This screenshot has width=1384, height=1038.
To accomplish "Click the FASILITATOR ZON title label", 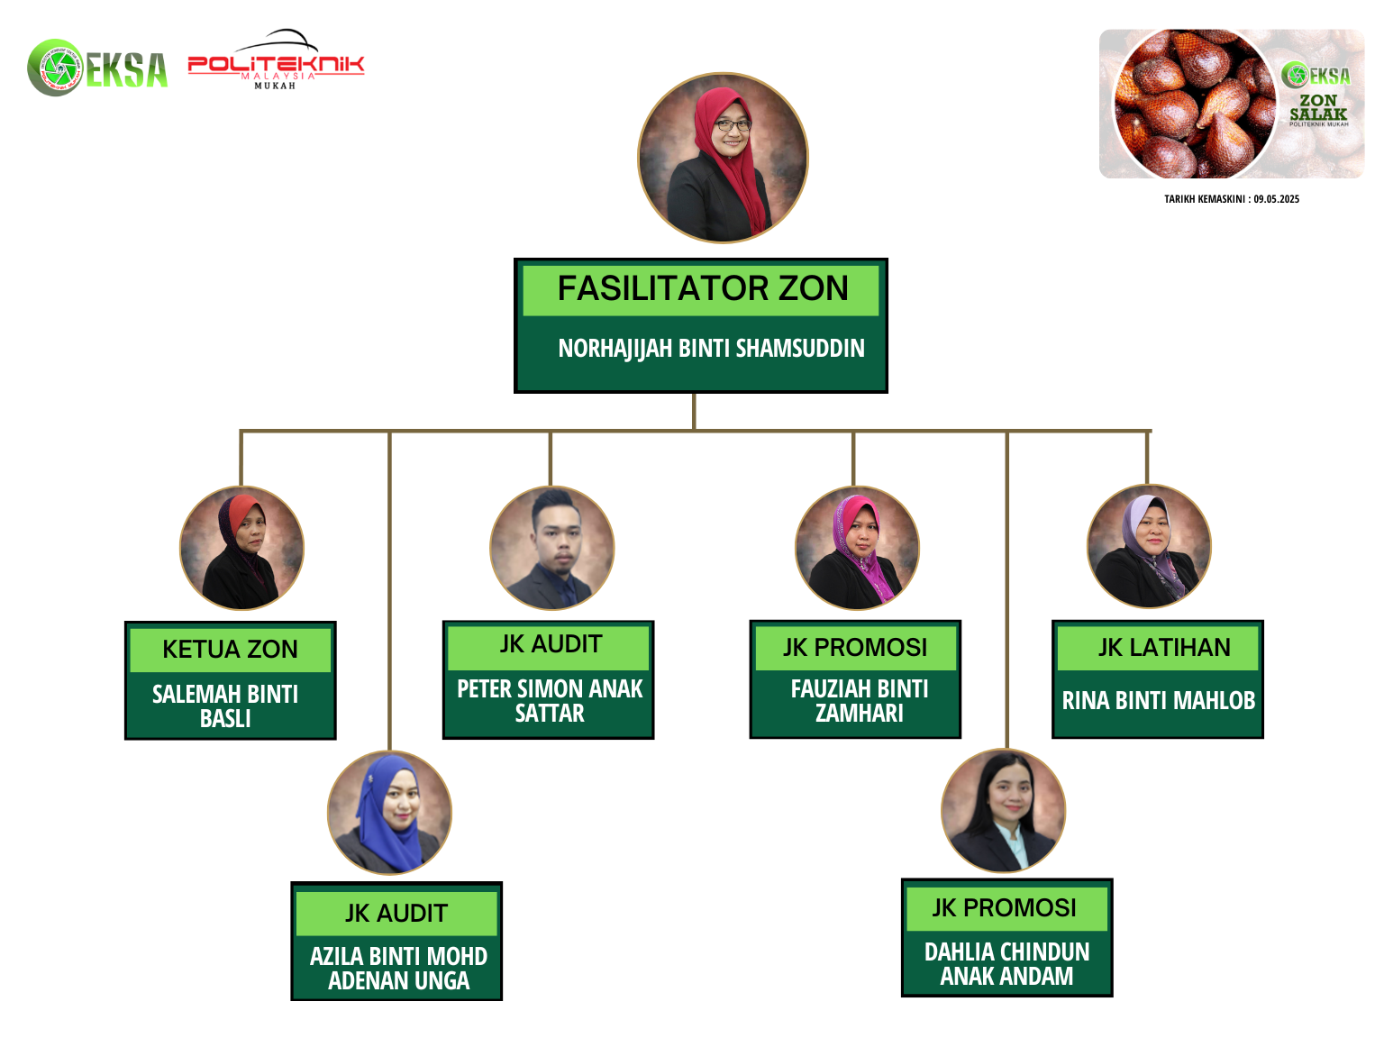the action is pyautogui.click(x=702, y=288).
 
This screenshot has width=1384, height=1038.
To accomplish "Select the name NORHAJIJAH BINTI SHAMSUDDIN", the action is pyautogui.click(x=711, y=348).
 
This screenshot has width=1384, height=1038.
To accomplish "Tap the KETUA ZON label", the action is pyautogui.click(x=230, y=649).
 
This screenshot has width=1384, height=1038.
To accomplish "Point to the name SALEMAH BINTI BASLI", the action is pyautogui.click(x=225, y=706).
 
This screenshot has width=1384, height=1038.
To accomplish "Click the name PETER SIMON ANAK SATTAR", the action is pyautogui.click(x=550, y=700).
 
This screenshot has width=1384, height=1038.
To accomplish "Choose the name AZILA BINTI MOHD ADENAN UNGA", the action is pyautogui.click(x=398, y=968).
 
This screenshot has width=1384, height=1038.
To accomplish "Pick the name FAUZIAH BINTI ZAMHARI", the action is pyautogui.click(x=859, y=700).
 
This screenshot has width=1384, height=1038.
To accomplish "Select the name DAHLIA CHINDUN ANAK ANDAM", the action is pyautogui.click(x=1006, y=963).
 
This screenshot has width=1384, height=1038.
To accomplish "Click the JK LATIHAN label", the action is pyautogui.click(x=1163, y=647).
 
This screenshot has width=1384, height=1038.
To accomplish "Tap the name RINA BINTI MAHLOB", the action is pyautogui.click(x=1158, y=700).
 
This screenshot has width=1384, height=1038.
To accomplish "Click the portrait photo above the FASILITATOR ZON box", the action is pyautogui.click(x=722, y=158).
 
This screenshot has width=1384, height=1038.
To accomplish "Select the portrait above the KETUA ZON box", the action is pyautogui.click(x=241, y=548).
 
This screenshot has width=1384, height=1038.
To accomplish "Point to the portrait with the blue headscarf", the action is pyautogui.click(x=389, y=813).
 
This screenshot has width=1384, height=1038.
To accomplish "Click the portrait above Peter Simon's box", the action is pyautogui.click(x=551, y=548).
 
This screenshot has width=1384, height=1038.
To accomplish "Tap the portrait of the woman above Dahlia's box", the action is pyautogui.click(x=1003, y=810).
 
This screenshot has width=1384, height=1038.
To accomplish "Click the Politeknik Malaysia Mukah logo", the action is pyautogui.click(x=277, y=59).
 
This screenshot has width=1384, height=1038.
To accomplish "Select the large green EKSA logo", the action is pyautogui.click(x=97, y=68).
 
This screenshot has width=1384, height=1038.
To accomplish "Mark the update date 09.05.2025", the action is pyautogui.click(x=1276, y=198).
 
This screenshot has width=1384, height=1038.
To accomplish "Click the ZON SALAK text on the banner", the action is pyautogui.click(x=1318, y=107).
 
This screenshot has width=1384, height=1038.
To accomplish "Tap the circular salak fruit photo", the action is pyautogui.click(x=1195, y=104).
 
